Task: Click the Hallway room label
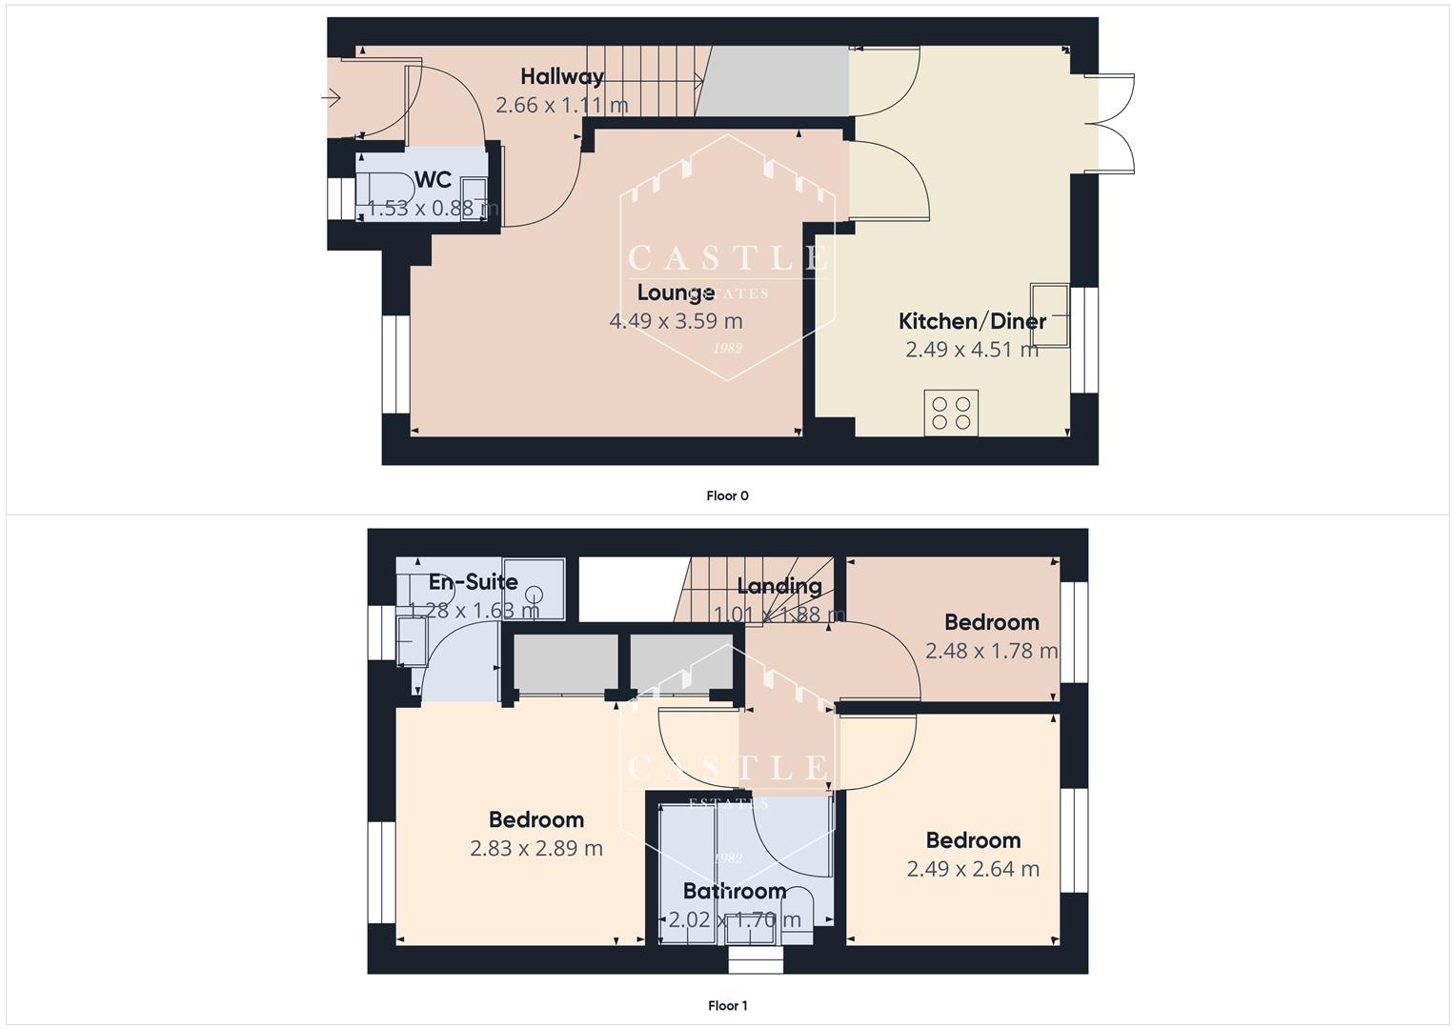(x=562, y=76)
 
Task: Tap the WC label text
(x=433, y=180)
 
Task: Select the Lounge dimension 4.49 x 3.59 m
(x=676, y=321)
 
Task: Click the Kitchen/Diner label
(x=972, y=321)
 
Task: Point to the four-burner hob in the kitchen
(x=951, y=413)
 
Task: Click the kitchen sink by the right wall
(x=1049, y=315)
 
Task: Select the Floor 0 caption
(x=727, y=495)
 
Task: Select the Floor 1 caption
(x=727, y=1005)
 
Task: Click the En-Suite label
(x=473, y=582)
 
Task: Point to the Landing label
(x=778, y=586)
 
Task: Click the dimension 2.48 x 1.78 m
(x=991, y=651)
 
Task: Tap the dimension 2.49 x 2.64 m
(x=973, y=869)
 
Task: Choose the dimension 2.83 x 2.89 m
(x=536, y=848)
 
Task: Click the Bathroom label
(x=735, y=891)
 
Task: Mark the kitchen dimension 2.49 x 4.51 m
(x=972, y=350)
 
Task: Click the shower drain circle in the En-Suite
(x=535, y=591)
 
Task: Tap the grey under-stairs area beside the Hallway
(x=774, y=81)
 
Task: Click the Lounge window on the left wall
(x=395, y=364)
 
